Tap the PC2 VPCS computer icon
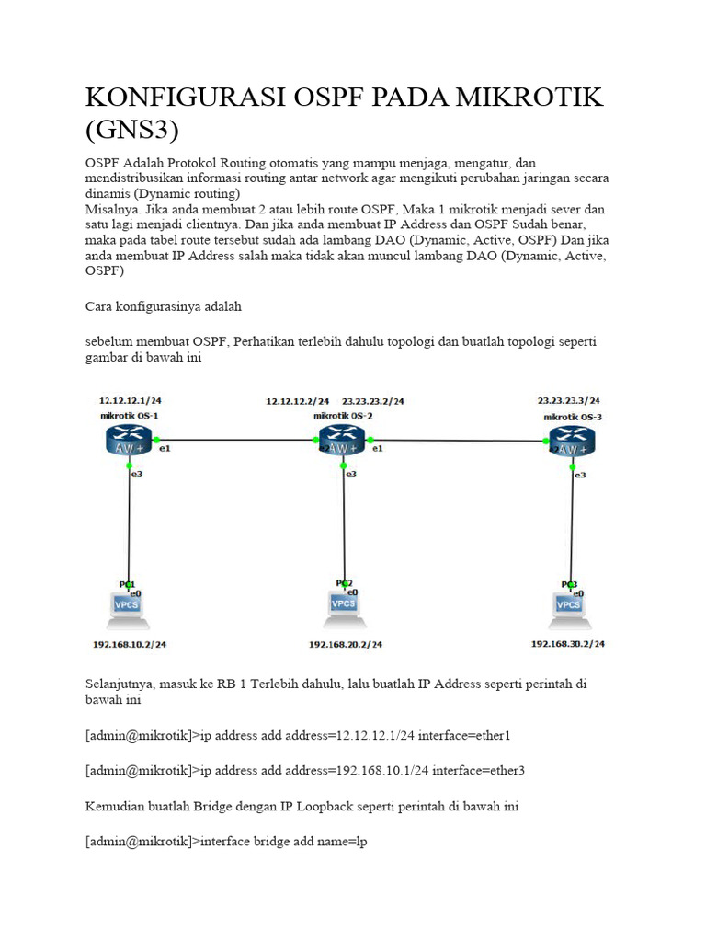click(344, 603)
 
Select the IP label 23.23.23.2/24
click(372, 401)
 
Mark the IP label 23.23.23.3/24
click(569, 401)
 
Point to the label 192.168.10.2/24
click(130, 645)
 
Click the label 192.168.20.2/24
click(346, 645)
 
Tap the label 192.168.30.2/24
click(568, 644)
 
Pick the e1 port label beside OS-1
click(165, 449)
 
